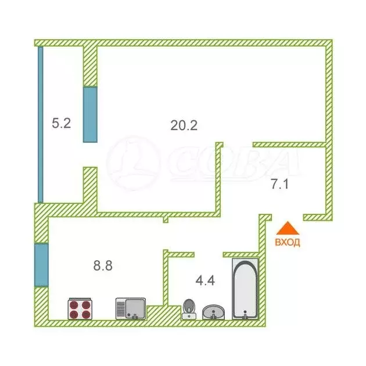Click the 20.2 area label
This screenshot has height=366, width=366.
184,124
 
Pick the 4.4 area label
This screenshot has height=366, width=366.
205,281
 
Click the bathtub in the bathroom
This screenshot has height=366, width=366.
245,289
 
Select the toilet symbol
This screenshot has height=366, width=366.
189,308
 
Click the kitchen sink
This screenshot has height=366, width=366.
130,308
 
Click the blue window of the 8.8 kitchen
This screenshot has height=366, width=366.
41,264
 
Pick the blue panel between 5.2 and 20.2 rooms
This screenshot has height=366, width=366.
90,114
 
